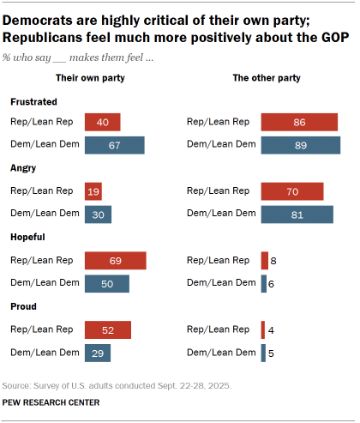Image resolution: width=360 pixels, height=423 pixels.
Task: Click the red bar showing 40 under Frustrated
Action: point(102,122)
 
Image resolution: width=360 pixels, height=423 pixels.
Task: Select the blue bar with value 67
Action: point(114,144)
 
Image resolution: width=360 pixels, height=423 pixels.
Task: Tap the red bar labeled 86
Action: point(299,122)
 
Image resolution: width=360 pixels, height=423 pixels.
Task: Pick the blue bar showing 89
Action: point(300,144)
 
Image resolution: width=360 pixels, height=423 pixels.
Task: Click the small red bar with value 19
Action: point(93,191)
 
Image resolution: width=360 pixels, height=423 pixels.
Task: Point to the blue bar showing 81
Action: point(297,214)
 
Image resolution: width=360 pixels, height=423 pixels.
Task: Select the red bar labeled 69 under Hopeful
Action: point(115,261)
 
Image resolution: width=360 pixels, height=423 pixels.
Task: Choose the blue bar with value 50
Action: point(106,283)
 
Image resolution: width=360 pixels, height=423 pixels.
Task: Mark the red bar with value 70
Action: point(292,191)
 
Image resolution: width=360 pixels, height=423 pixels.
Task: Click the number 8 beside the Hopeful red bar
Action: point(273,261)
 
